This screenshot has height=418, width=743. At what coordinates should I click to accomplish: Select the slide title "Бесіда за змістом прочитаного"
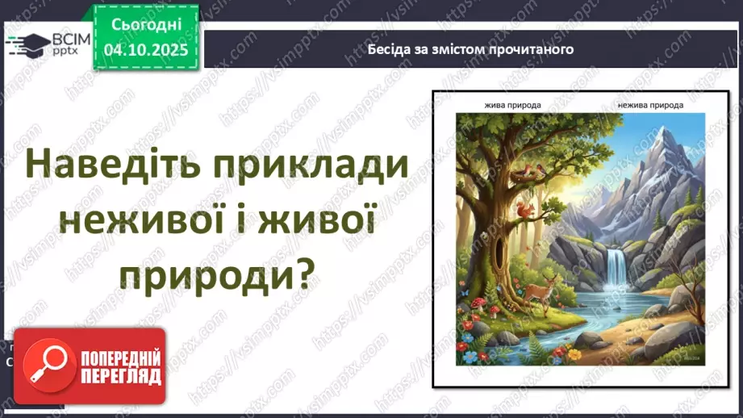pyautogui.click(x=470, y=48)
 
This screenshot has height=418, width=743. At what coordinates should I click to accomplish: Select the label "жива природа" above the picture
pyautogui.click(x=512, y=106)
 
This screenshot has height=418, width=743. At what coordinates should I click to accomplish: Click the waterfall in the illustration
pyautogui.click(x=618, y=268)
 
